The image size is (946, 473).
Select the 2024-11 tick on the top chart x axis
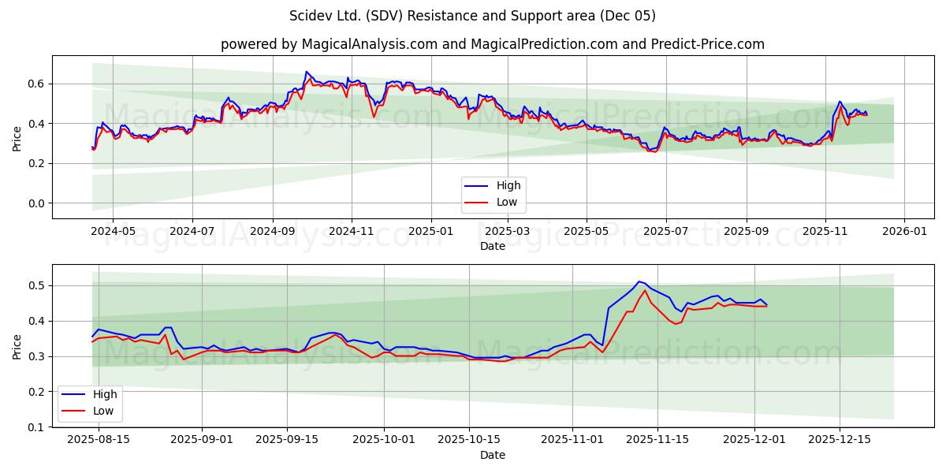351,232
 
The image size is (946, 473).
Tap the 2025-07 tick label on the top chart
666,232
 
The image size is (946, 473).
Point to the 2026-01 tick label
903,232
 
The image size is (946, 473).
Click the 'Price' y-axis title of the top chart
17,138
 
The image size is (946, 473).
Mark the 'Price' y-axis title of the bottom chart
17,346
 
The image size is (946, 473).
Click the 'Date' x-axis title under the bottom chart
492,455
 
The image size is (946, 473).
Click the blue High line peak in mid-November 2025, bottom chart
639,281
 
